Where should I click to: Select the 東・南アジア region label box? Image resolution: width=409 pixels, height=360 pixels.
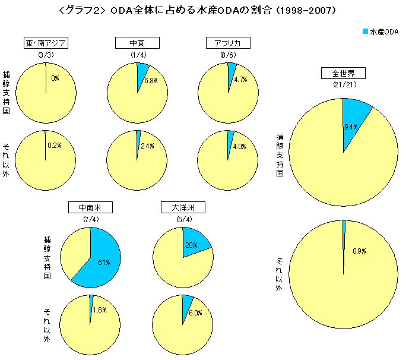tap(46, 43)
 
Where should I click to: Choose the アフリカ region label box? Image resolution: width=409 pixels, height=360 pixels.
tap(227, 43)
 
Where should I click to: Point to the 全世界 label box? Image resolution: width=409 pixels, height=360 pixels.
tap(343, 74)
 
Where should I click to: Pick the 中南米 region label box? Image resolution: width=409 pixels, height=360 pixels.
tap(90, 208)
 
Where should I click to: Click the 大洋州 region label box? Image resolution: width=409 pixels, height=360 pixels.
tap(183, 208)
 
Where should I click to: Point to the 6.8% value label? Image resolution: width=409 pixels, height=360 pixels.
tap(150, 81)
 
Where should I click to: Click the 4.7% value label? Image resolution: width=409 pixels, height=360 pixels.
tap(240, 79)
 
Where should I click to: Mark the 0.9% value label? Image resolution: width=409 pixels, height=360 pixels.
tap(359, 251)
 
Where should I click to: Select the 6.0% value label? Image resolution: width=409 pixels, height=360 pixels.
tap(196, 312)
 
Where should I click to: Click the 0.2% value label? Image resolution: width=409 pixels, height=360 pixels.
tap(55, 146)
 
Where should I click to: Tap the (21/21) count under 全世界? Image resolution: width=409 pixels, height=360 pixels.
tap(343, 85)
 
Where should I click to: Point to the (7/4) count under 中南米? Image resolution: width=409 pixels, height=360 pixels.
tap(90, 220)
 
